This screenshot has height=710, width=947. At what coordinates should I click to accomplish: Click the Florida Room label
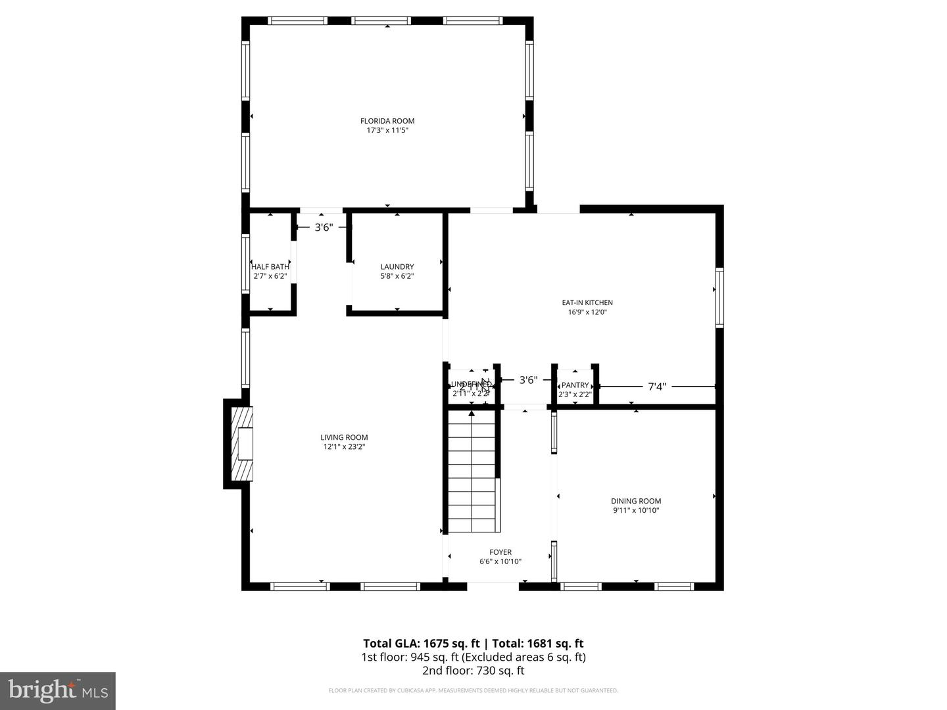coord(387,121)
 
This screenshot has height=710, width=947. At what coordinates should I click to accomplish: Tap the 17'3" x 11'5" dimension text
coord(387,130)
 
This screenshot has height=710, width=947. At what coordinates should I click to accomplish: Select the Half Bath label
coord(270,266)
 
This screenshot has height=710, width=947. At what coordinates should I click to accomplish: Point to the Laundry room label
coord(397,266)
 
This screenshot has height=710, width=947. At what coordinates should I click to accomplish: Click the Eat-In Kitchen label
coord(587,302)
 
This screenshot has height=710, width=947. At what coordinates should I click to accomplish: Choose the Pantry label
coord(575,385)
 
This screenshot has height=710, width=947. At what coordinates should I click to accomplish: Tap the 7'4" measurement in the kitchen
coord(657,387)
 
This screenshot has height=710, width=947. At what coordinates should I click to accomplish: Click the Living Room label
coord(344,437)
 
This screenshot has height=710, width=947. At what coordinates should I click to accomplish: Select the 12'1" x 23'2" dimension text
coord(344,447)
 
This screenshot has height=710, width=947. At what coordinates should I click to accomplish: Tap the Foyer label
coord(500,552)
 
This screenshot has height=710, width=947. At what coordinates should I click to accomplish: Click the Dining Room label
coord(635,501)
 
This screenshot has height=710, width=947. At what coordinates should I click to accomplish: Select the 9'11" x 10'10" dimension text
coord(635,510)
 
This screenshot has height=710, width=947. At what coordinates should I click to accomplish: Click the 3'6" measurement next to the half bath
coord(324,227)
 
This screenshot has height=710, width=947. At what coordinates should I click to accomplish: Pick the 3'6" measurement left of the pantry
coord(528,379)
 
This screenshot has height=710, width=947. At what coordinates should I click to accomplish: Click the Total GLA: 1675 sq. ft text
coord(423,644)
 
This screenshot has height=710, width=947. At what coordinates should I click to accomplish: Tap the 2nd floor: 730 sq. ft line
coord(473,671)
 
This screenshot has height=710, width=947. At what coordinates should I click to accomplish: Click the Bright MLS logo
coord(58,690)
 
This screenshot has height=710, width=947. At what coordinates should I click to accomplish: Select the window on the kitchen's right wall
coord(719,297)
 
